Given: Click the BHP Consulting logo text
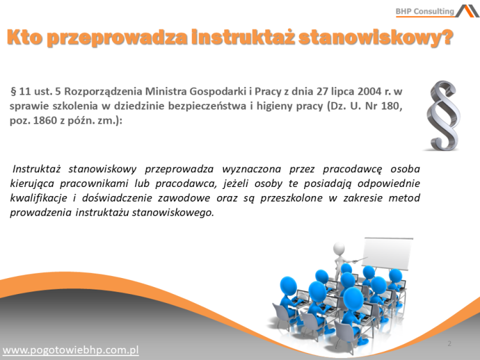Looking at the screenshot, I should coord(424,11).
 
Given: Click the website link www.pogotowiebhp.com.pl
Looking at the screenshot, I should coord(71,350).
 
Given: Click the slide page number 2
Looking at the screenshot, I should coord(449,344).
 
